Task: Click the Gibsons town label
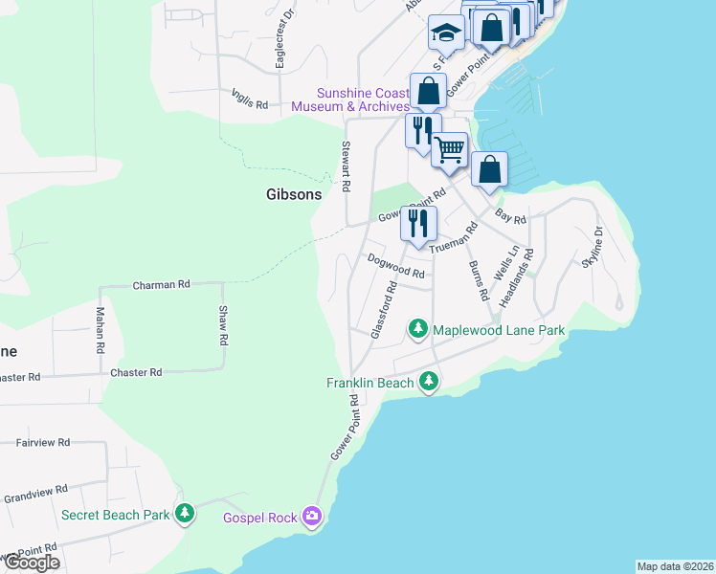tap(294, 194)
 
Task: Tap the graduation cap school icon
tap(445, 33)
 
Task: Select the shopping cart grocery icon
tap(449, 148)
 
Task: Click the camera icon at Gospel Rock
tap(311, 518)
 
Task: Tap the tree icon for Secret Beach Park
tap(185, 514)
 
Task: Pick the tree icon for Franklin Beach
tap(430, 383)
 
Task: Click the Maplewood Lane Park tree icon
tap(417, 329)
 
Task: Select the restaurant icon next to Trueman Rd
tap(419, 222)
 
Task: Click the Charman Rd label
tap(162, 285)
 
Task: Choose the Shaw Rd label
tap(222, 326)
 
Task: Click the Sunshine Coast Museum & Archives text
tap(363, 99)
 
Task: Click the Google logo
tap(31, 563)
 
